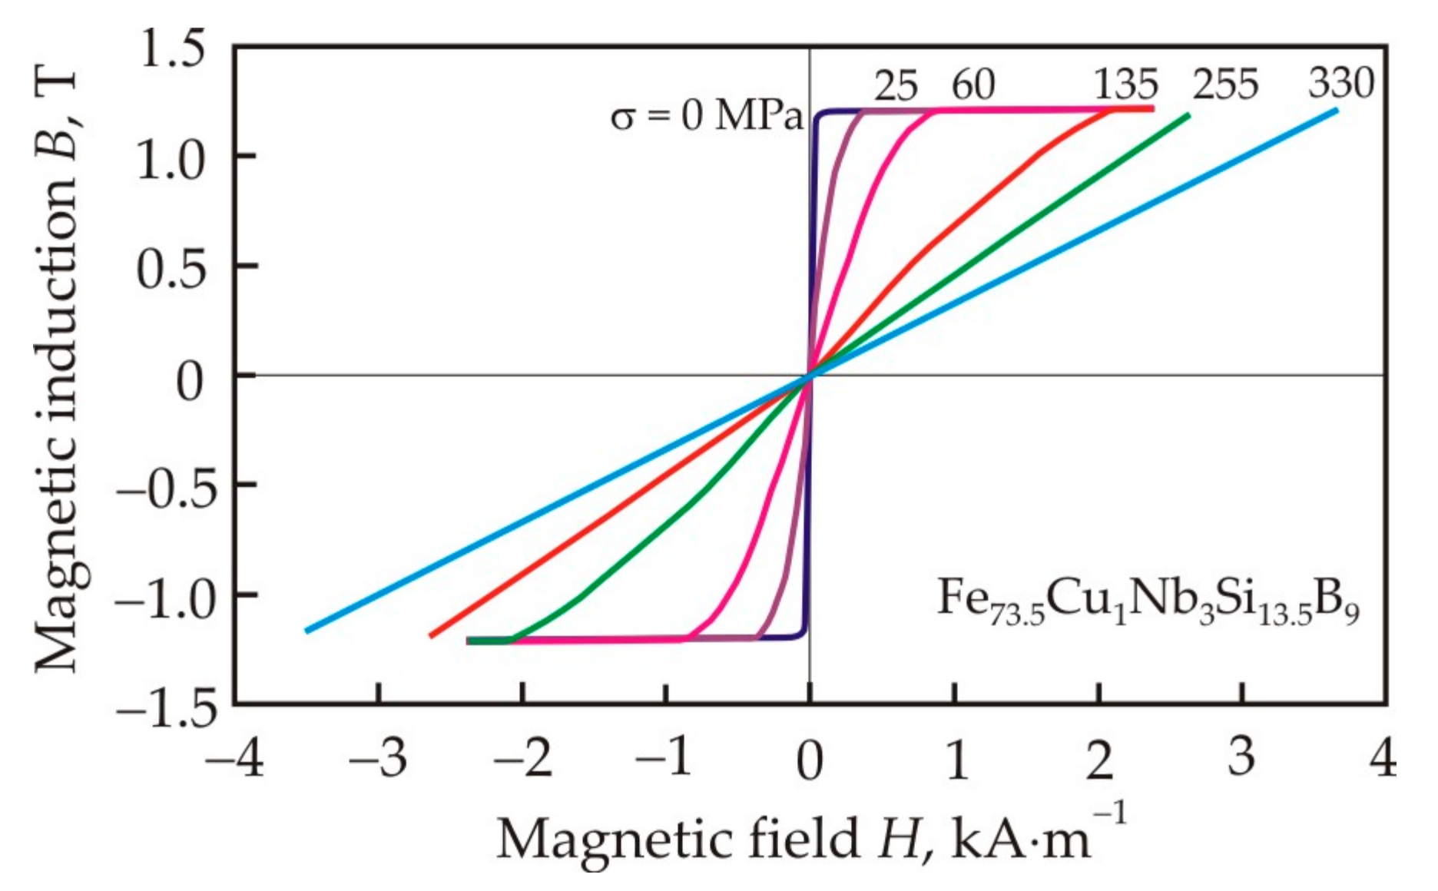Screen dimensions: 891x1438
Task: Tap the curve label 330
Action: pos(1341,83)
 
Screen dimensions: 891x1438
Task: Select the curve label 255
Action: pos(1225,85)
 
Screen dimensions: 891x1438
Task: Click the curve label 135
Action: pos(1126,85)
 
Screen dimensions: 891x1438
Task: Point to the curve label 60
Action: pos(973,85)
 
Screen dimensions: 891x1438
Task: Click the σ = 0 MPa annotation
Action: pos(706,118)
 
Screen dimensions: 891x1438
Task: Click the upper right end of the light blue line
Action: pos(1337,111)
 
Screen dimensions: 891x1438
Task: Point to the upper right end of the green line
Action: pos(1188,116)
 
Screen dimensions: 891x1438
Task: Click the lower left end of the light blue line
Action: pos(307,631)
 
